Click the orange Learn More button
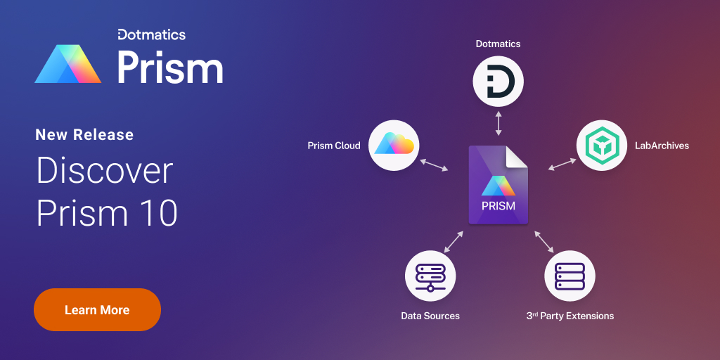point(97,309)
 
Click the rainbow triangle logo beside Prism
point(67,64)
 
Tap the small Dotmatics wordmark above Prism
point(152,34)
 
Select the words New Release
point(84,134)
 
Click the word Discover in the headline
point(105,171)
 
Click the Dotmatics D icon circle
point(498,82)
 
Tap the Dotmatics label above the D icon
point(498,44)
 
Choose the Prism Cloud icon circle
point(394,146)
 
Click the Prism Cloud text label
point(334,146)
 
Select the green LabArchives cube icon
point(602,146)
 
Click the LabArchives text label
point(657,146)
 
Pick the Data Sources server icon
point(430,276)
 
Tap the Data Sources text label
point(430,316)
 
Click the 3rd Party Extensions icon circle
point(570,276)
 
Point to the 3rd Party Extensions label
point(570,316)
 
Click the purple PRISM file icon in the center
point(498,185)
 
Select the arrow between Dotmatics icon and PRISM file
point(498,122)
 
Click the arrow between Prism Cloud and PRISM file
point(434,165)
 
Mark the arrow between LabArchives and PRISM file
point(562,164)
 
